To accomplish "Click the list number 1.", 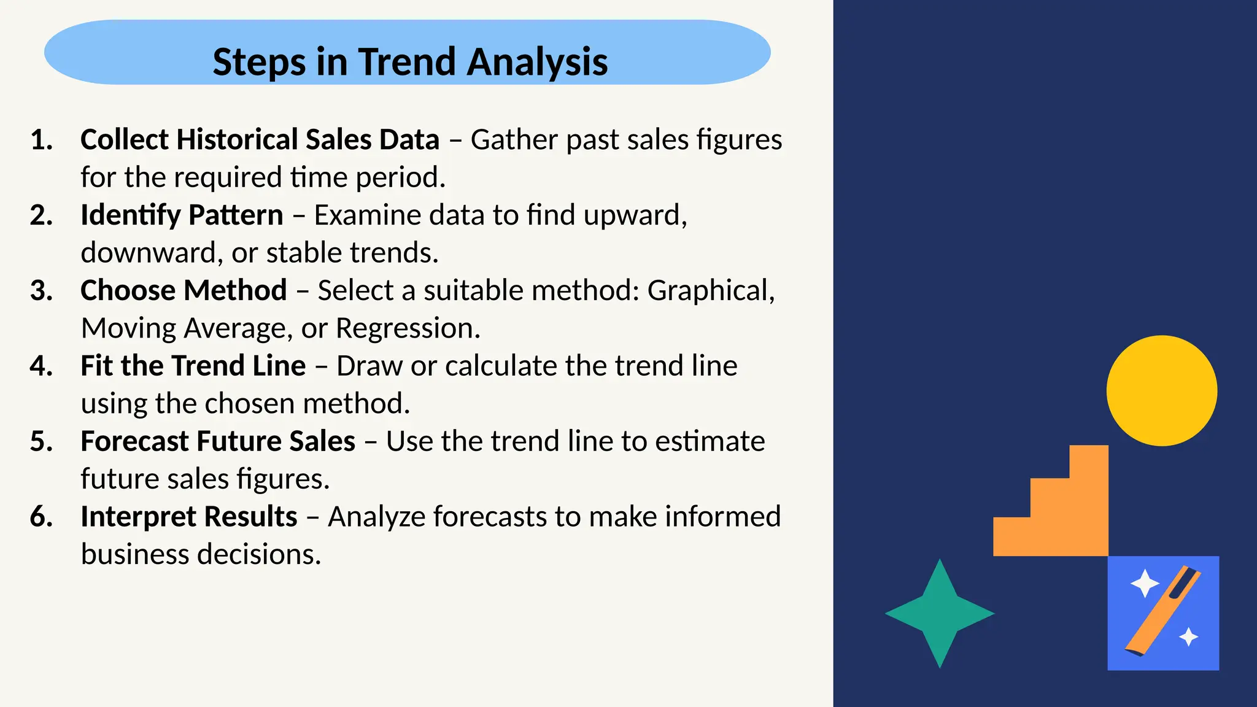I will [x=41, y=140].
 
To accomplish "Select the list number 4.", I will [x=41, y=366].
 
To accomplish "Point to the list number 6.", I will [x=41, y=517].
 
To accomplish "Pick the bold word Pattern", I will [x=236, y=215].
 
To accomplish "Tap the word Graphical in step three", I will [x=710, y=291].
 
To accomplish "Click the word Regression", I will [x=407, y=328].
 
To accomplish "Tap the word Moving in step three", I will [x=128, y=328].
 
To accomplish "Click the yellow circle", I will [x=1161, y=390].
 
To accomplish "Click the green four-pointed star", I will [x=940, y=613].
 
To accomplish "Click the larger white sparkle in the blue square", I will [x=1145, y=583].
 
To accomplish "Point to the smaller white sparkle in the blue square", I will [x=1189, y=637].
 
